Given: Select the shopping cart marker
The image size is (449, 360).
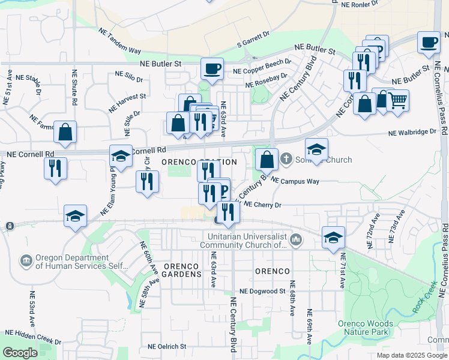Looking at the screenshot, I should click(397, 101).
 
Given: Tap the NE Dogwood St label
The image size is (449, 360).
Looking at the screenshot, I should click(262, 291).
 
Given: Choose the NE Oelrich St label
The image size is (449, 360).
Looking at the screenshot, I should click(167, 346).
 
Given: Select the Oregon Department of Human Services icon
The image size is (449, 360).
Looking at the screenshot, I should click(26, 260).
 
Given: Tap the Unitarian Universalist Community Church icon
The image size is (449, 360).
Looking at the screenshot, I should click(295, 241).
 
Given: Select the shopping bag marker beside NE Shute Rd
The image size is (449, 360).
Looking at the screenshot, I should click(65, 131).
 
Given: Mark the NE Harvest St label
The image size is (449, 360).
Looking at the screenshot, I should click(127, 102).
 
